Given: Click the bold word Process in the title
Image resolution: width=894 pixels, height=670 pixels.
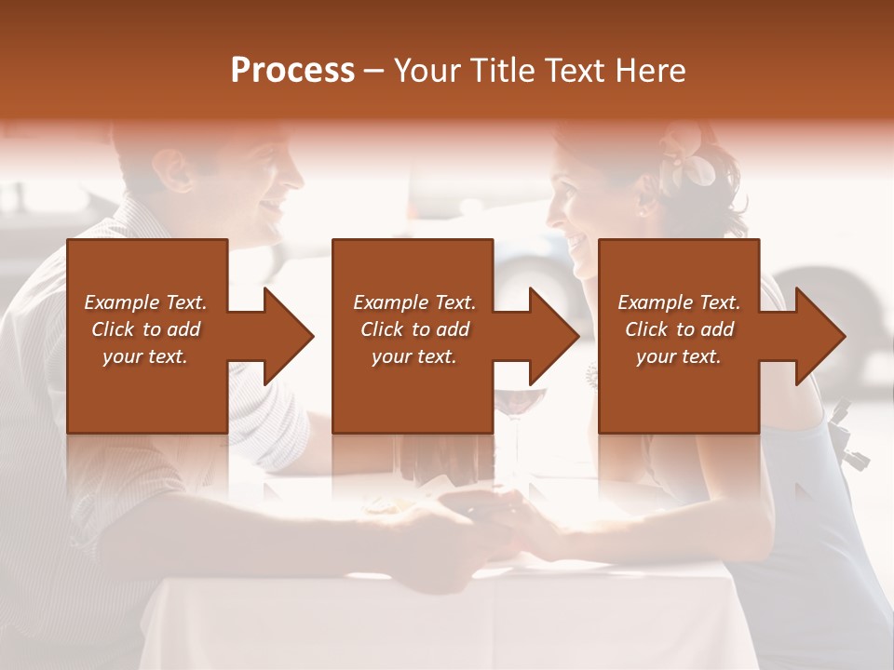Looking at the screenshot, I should [292, 71].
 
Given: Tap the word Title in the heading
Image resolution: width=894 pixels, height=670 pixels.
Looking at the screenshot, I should [501, 71].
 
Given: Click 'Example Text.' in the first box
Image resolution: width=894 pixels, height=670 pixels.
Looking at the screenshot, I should [145, 302].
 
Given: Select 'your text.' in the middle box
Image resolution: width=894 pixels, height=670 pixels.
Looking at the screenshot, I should [413, 356].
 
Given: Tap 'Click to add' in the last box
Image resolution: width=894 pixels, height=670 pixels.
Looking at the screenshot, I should [679, 329].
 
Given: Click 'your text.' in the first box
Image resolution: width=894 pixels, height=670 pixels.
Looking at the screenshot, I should [145, 356].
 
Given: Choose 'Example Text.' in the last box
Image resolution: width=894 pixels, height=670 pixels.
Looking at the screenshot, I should [679, 302].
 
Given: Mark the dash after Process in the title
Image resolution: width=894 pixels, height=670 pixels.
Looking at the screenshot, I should [374, 71].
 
